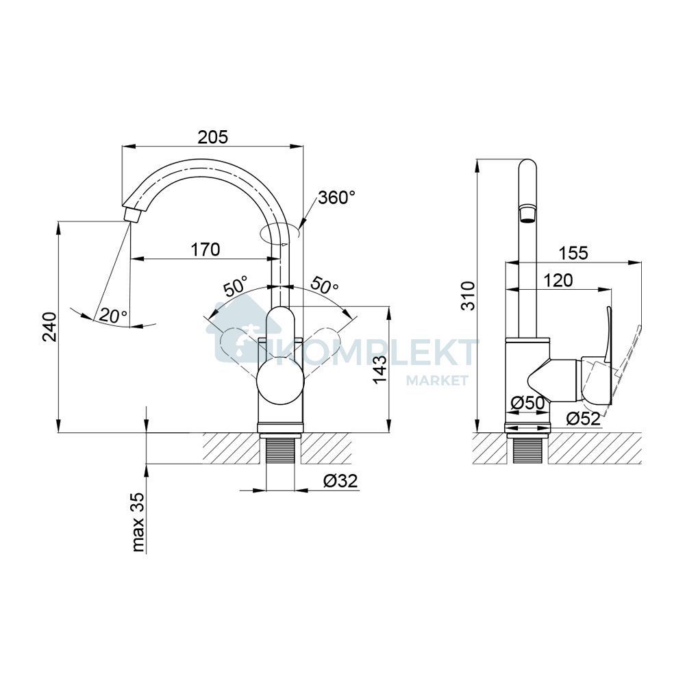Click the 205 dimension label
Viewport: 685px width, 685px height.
click(x=213, y=137)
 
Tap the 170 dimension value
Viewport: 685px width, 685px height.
click(x=206, y=249)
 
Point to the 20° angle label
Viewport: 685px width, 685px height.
click(x=113, y=315)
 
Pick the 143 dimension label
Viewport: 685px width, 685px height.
click(x=379, y=370)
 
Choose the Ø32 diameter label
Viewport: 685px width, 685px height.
click(x=340, y=481)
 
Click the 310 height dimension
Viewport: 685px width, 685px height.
click(x=469, y=296)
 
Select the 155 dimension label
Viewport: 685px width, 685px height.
click(x=573, y=253)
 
